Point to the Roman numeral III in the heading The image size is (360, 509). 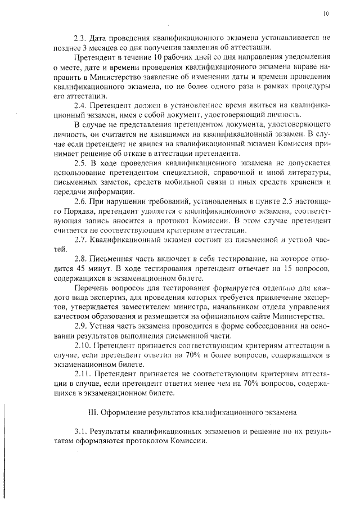93,412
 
